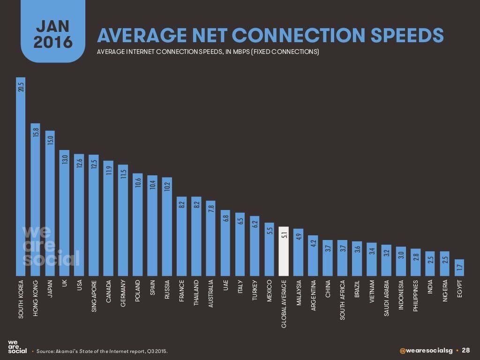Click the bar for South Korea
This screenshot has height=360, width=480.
pyautogui.click(x=21, y=178)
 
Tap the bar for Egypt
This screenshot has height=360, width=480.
pyautogui.click(x=459, y=268)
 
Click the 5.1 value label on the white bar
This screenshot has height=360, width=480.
pyautogui.click(x=283, y=234)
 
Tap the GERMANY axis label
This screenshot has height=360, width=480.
pyautogui.click(x=123, y=293)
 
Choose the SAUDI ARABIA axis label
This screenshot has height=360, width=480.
pyautogui.click(x=386, y=299)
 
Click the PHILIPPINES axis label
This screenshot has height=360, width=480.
pyautogui.click(x=415, y=297)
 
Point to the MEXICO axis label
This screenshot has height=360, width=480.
pyautogui.click(x=269, y=292)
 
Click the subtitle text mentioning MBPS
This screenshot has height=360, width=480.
pyautogui.click(x=208, y=52)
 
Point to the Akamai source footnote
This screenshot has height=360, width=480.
pyautogui.click(x=101, y=351)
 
